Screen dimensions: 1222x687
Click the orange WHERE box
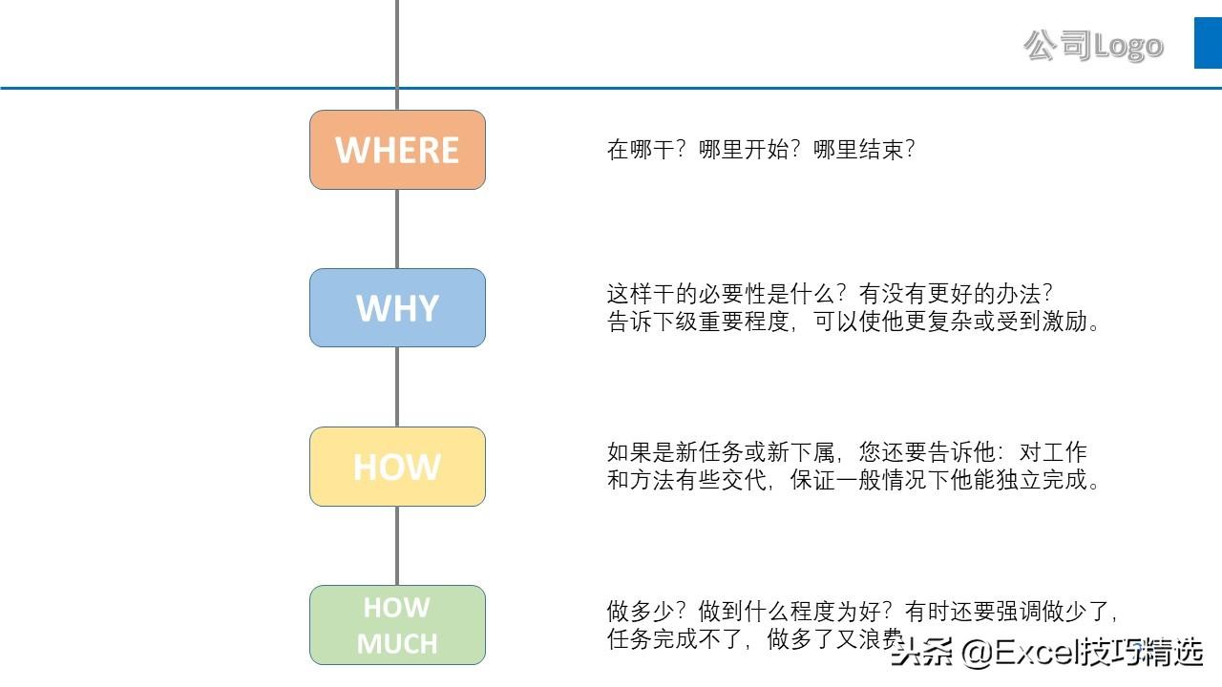397,150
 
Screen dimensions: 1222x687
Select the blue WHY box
397,308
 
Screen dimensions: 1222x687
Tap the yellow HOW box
397,467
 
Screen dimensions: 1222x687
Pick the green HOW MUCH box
397,625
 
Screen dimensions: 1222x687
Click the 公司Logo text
1093,45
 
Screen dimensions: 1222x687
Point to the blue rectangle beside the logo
1208,43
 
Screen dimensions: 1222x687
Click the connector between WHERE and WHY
397,229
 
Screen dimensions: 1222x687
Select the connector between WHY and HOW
397,386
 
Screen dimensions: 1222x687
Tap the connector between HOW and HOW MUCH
397,545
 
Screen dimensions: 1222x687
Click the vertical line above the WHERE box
397,48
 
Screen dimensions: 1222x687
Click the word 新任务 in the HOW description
723,451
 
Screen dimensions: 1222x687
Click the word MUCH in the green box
397,644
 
